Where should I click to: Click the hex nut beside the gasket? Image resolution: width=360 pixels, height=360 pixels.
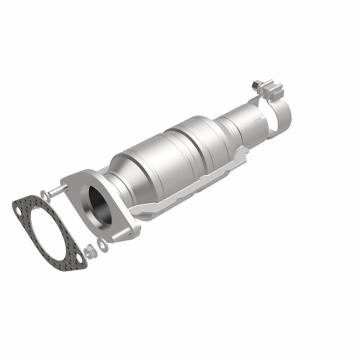(88, 252)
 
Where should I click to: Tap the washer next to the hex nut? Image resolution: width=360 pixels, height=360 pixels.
(102, 243)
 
